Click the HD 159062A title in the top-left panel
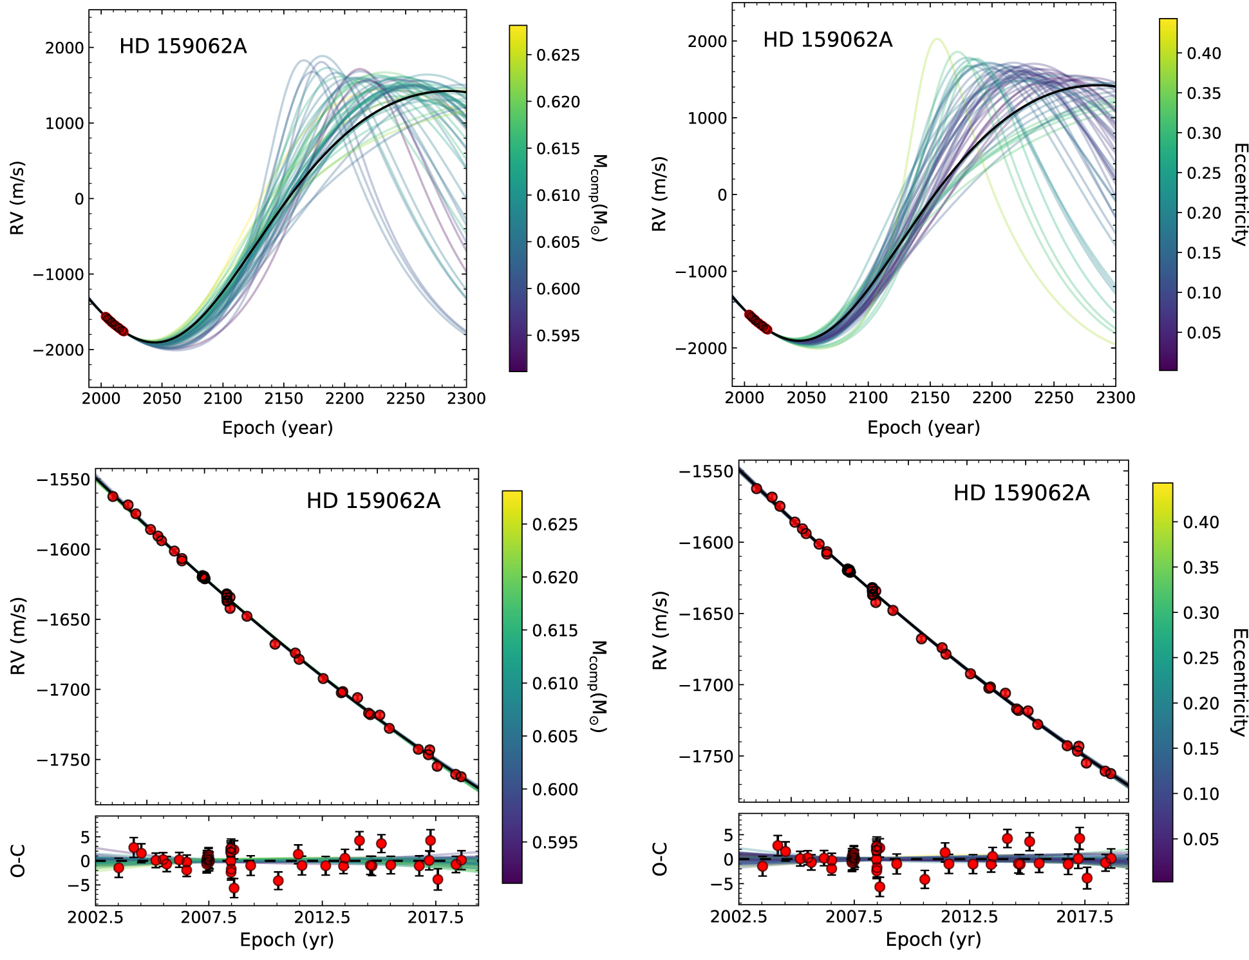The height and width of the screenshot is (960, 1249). point(183,46)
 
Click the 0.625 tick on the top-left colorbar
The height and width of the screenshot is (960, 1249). point(558,55)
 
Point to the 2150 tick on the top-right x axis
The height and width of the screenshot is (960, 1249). point(930,398)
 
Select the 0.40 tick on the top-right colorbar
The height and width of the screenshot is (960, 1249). point(1203,53)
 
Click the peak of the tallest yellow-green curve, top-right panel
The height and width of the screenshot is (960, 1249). point(936,39)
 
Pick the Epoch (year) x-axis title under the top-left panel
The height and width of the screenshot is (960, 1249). point(277,428)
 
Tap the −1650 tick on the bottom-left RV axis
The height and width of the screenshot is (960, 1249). point(63,620)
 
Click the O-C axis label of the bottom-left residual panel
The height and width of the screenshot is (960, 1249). point(18,860)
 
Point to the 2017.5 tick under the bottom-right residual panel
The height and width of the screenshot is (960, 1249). point(1085,916)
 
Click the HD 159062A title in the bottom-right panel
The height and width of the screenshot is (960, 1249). point(1021,493)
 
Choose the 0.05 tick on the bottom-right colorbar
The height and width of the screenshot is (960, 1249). point(1201,839)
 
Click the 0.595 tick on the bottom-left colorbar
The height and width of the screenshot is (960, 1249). point(554,843)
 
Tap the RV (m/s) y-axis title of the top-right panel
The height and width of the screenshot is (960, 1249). point(660,194)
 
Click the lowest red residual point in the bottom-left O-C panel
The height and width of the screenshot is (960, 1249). point(234,888)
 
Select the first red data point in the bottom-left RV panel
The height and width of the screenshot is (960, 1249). point(113,496)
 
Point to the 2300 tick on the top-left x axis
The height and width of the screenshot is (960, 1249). point(466,399)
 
